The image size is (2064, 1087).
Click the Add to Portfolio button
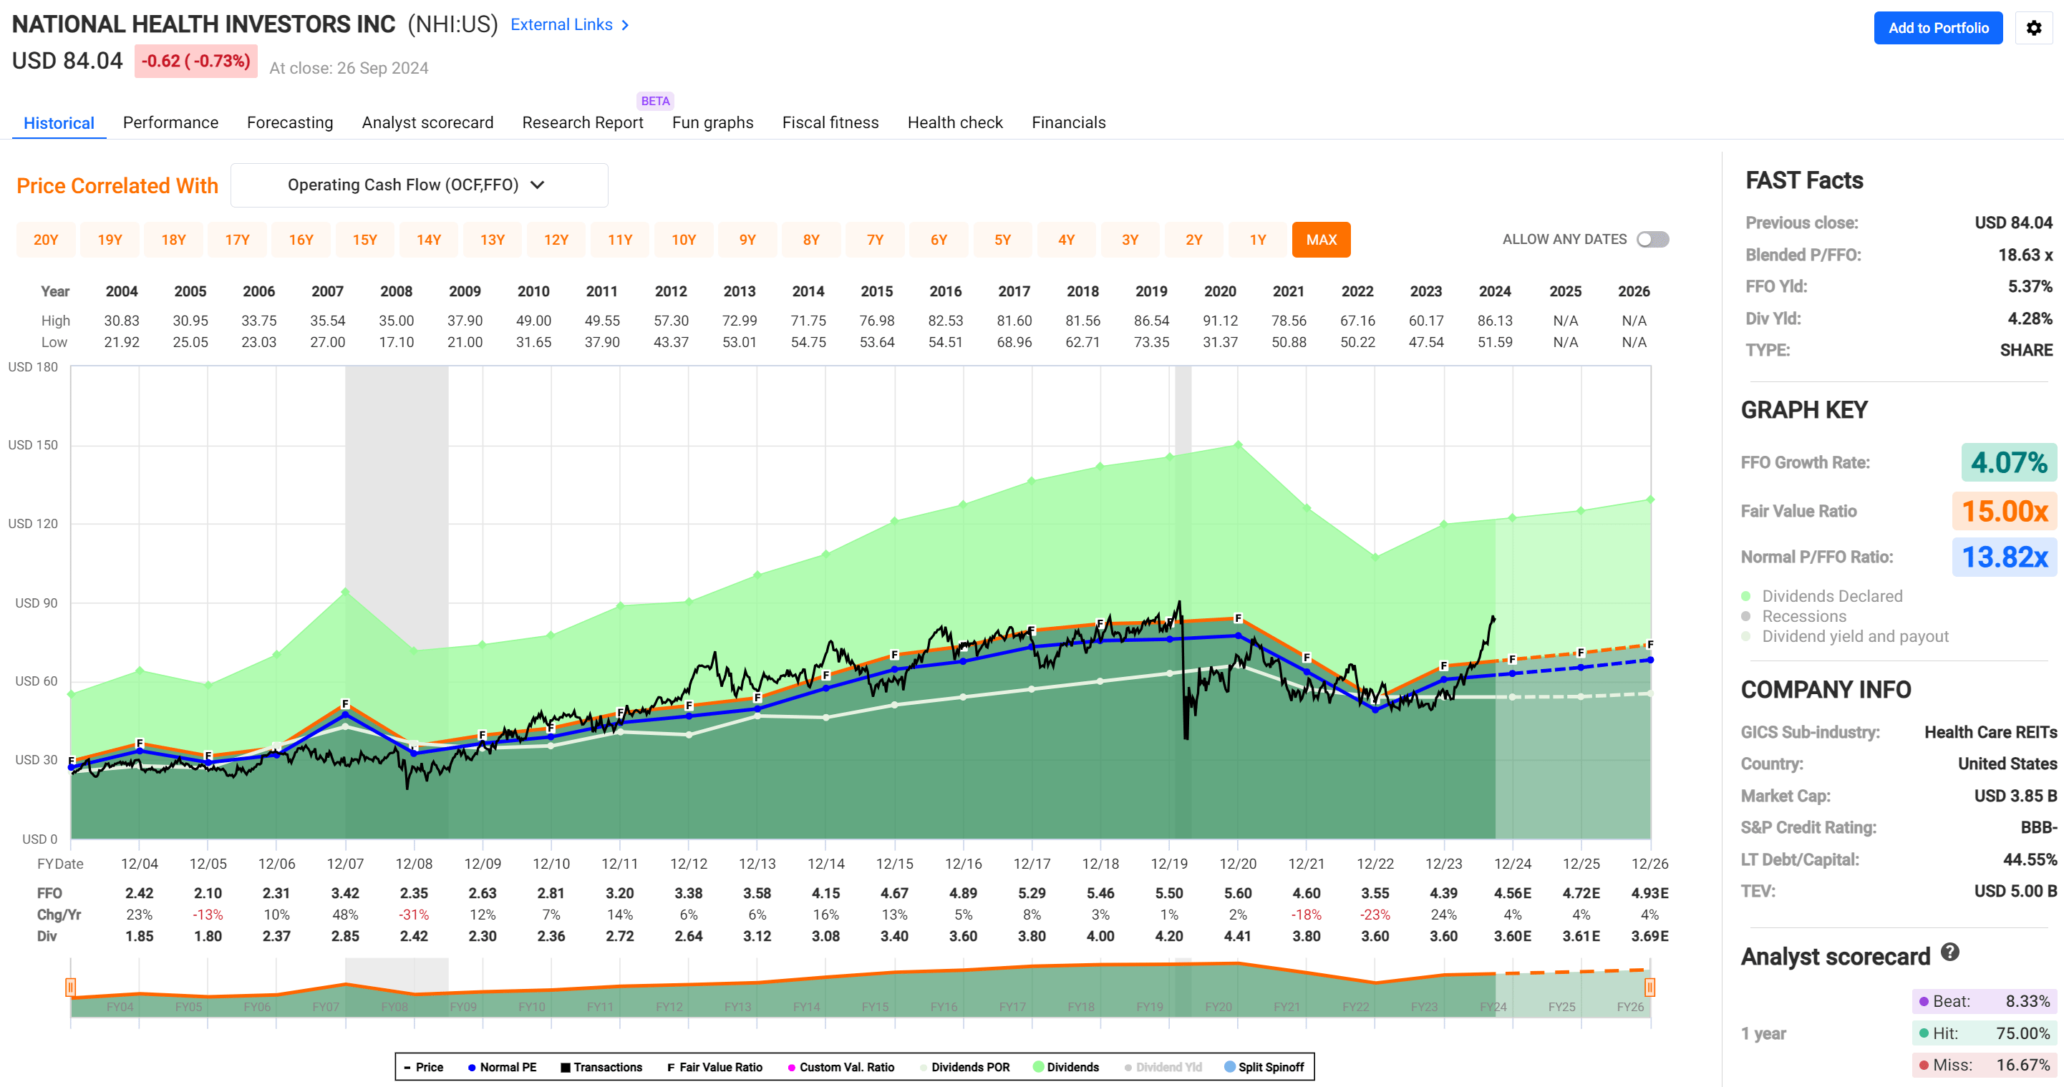(x=1937, y=28)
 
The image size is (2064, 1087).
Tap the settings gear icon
(x=2033, y=28)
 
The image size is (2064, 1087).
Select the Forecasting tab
(x=289, y=122)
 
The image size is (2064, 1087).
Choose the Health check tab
(x=954, y=122)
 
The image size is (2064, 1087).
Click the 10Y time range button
(x=683, y=240)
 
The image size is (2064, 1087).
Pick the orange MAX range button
(x=1320, y=240)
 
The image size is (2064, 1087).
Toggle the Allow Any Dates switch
(x=1652, y=240)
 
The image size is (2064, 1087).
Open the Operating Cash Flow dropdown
(x=418, y=185)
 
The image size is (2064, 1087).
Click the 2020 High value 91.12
(x=1219, y=321)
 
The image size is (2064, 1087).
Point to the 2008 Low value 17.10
(x=396, y=342)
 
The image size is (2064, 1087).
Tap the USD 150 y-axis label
(x=33, y=444)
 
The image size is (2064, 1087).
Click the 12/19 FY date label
(x=1168, y=864)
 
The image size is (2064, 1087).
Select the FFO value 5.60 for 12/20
(x=1237, y=893)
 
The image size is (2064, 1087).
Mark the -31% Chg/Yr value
(x=413, y=915)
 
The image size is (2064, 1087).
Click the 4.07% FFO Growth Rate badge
(x=2008, y=463)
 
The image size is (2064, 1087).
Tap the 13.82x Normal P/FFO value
(x=2004, y=557)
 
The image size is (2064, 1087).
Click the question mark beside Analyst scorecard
(x=1949, y=952)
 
